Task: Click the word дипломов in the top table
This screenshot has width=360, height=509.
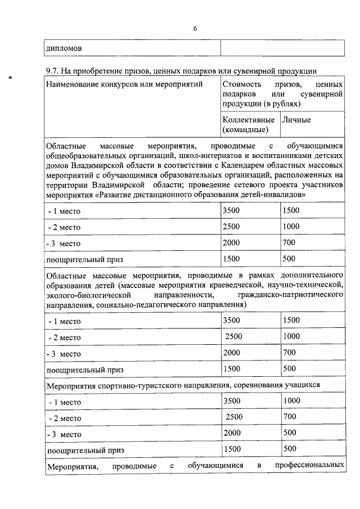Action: pyautogui.click(x=63, y=48)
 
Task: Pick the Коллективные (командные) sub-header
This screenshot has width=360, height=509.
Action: pyautogui.click(x=248, y=125)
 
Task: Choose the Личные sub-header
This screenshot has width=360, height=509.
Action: pyautogui.click(x=296, y=120)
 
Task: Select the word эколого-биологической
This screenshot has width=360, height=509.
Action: pyautogui.click(x=84, y=295)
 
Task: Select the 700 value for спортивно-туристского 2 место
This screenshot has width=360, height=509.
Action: pyautogui.click(x=290, y=417)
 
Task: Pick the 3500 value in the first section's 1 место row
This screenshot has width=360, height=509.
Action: pyautogui.click(x=231, y=210)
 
